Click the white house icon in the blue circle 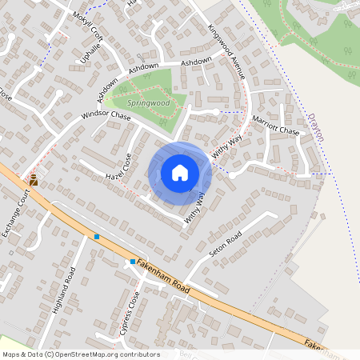pos(180,173)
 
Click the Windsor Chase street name pos(106,116)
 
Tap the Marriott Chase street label pos(276,125)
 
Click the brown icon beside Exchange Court pos(34,181)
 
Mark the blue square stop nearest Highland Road pos(97,237)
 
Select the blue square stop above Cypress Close pos(133,261)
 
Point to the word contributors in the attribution pos(138,354)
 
